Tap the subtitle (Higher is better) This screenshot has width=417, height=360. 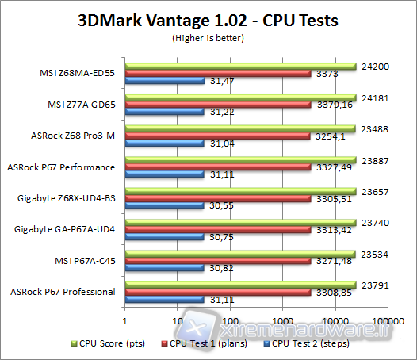(x=208, y=36)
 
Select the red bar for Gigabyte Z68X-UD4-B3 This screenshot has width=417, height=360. (x=218, y=198)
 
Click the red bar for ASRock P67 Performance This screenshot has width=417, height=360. (x=218, y=167)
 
